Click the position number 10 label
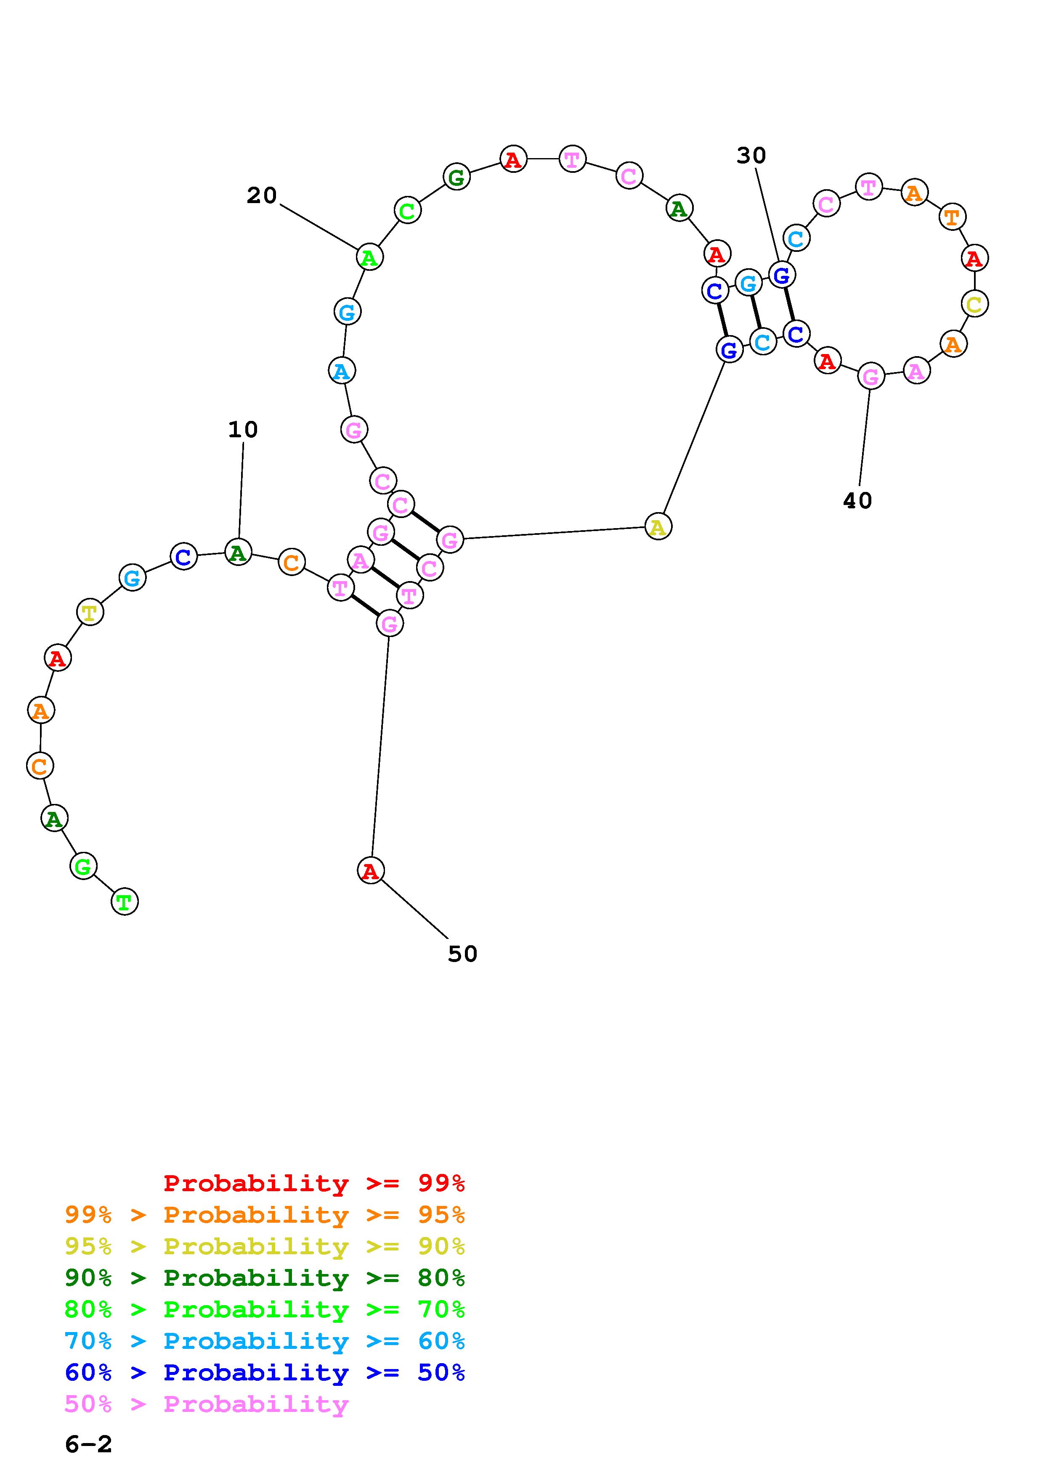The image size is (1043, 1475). [x=243, y=430]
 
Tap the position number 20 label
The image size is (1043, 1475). [x=262, y=195]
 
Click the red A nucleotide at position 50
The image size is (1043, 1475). [x=370, y=870]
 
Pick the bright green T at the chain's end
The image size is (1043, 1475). [x=125, y=901]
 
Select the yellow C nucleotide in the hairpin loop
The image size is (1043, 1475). [x=974, y=303]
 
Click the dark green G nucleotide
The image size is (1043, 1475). [x=456, y=177]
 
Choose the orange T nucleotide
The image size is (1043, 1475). [x=952, y=217]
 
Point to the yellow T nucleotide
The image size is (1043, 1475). [x=90, y=612]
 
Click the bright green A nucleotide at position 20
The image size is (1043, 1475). [x=369, y=257]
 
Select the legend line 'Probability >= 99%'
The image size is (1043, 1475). [x=313, y=1183]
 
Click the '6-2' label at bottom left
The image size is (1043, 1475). [x=89, y=1445]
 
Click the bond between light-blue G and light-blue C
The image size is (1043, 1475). [x=756, y=312]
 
